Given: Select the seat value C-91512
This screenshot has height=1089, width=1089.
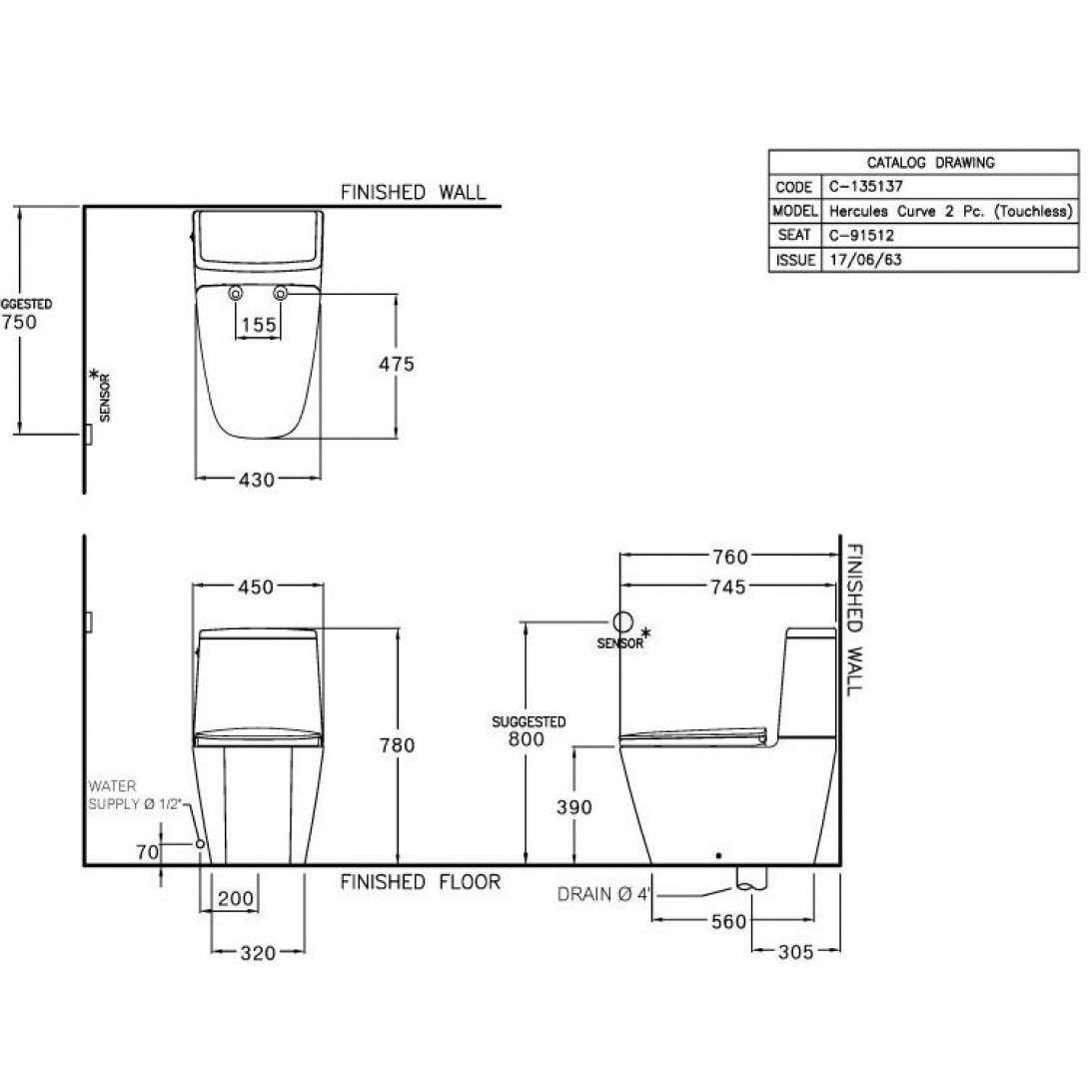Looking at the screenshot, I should (x=854, y=236).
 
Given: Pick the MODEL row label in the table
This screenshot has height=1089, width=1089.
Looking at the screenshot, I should (x=794, y=212).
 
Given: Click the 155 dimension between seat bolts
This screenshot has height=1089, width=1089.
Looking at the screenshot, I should (x=257, y=325).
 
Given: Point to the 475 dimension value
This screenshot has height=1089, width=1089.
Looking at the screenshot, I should (x=397, y=365).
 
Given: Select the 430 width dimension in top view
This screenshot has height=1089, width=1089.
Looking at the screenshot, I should (x=257, y=481).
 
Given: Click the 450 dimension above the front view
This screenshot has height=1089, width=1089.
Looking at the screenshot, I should (x=257, y=588).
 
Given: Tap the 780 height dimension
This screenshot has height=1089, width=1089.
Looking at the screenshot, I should (x=397, y=744).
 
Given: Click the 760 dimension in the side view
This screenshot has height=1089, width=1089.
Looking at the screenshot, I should (x=729, y=556).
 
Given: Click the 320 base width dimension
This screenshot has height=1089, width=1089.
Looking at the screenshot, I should (x=258, y=953).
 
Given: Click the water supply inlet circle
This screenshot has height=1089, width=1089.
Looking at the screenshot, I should (x=201, y=844).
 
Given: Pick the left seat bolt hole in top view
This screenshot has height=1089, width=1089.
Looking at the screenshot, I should (x=236, y=294).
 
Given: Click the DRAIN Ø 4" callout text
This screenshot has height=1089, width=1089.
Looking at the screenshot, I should (x=604, y=894).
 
